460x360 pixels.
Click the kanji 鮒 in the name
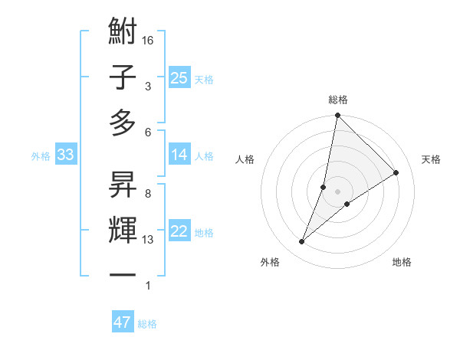[123, 32]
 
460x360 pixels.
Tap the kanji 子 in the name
[123, 77]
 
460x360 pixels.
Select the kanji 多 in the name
[123, 123]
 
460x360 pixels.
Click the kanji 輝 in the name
[123, 229]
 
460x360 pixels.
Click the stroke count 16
[149, 40]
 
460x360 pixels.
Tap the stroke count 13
[149, 240]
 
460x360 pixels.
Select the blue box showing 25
[179, 77]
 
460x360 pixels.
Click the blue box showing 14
[179, 155]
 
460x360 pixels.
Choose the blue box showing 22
[179, 232]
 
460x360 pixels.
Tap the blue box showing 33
[65, 155]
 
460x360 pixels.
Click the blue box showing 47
[123, 322]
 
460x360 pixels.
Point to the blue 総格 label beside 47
[147, 324]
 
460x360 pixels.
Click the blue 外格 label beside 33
[41, 156]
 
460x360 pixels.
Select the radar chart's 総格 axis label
[337, 100]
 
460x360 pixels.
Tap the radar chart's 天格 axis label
[431, 159]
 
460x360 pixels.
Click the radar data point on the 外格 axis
[302, 242]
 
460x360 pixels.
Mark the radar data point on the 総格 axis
[337, 116]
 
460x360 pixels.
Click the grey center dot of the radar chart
[337, 191]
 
